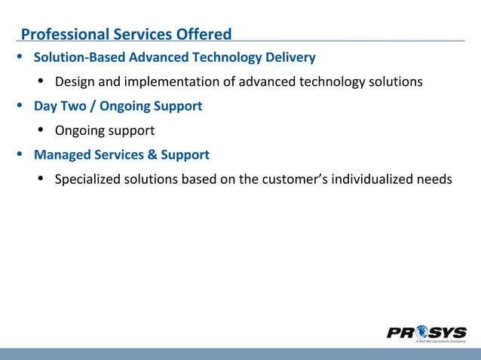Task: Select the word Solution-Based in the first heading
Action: tap(80, 57)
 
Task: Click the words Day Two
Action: tap(60, 106)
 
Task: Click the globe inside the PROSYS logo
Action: tap(419, 332)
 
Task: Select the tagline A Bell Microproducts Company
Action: tap(440, 342)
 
